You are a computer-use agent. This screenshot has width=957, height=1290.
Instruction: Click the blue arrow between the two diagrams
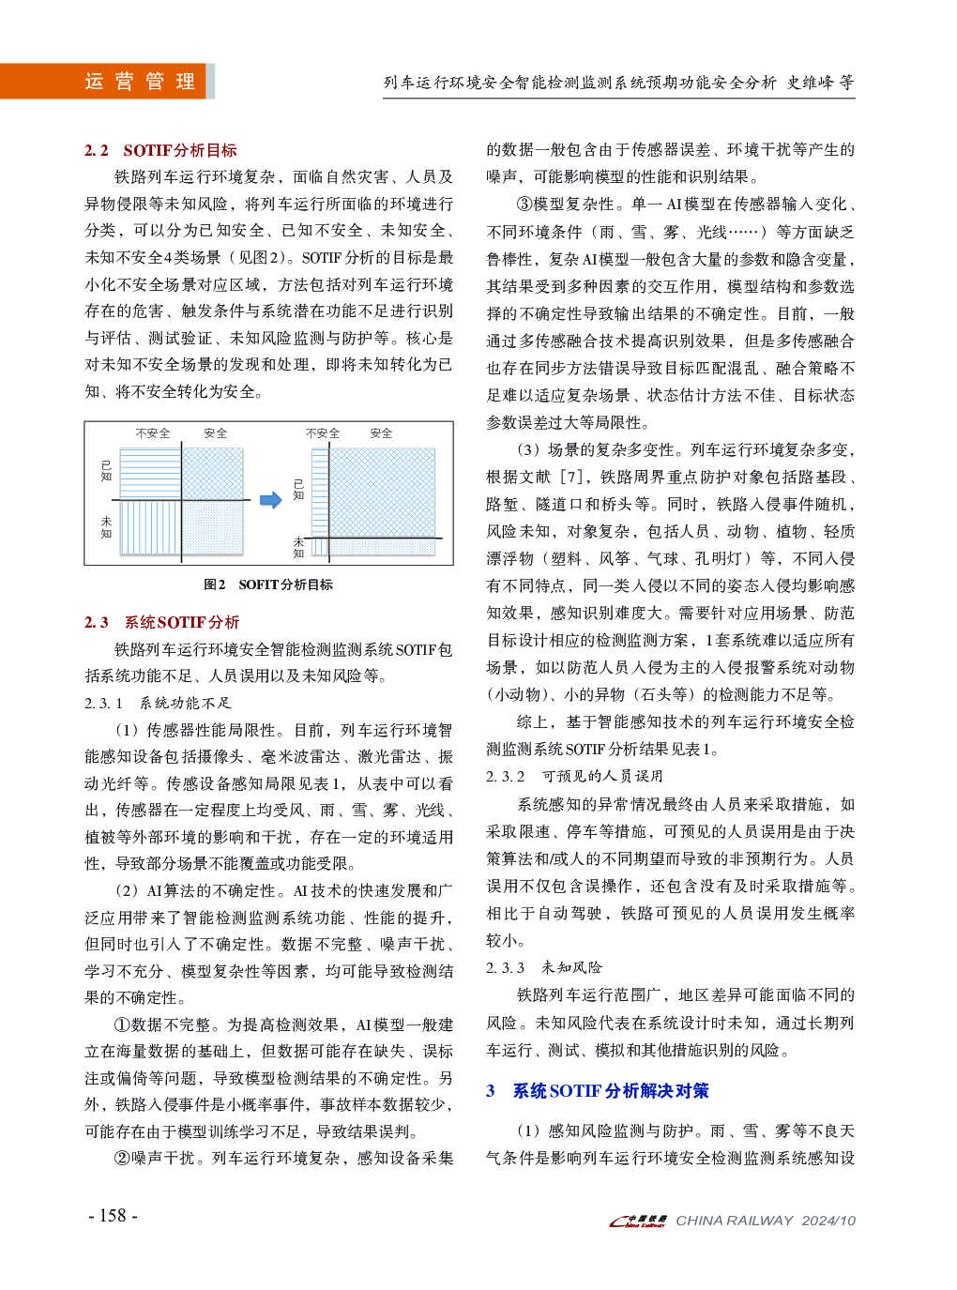point(270,500)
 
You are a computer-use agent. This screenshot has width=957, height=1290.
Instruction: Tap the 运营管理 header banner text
point(140,82)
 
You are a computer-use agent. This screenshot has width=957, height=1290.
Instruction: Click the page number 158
point(113,1216)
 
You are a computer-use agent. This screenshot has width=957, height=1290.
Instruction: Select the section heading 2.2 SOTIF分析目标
point(160,150)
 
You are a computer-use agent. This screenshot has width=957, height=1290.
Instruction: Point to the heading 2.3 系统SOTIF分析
point(161,622)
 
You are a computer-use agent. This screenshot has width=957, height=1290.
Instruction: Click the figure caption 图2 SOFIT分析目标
point(268,584)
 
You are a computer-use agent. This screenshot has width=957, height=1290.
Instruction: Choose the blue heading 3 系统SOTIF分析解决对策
point(598,1091)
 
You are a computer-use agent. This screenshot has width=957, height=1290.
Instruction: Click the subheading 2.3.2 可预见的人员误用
point(574,776)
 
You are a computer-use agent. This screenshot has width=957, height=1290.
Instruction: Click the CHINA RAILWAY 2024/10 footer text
point(766,1221)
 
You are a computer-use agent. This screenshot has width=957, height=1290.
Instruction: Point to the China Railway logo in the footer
point(638,1221)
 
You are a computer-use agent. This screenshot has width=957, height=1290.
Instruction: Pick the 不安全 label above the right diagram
point(323,433)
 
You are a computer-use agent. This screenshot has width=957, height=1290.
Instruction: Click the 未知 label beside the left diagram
point(106,527)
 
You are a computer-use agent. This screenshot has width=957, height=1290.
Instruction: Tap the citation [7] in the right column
point(571,478)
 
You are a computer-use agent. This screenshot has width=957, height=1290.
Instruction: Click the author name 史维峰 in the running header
point(810,83)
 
